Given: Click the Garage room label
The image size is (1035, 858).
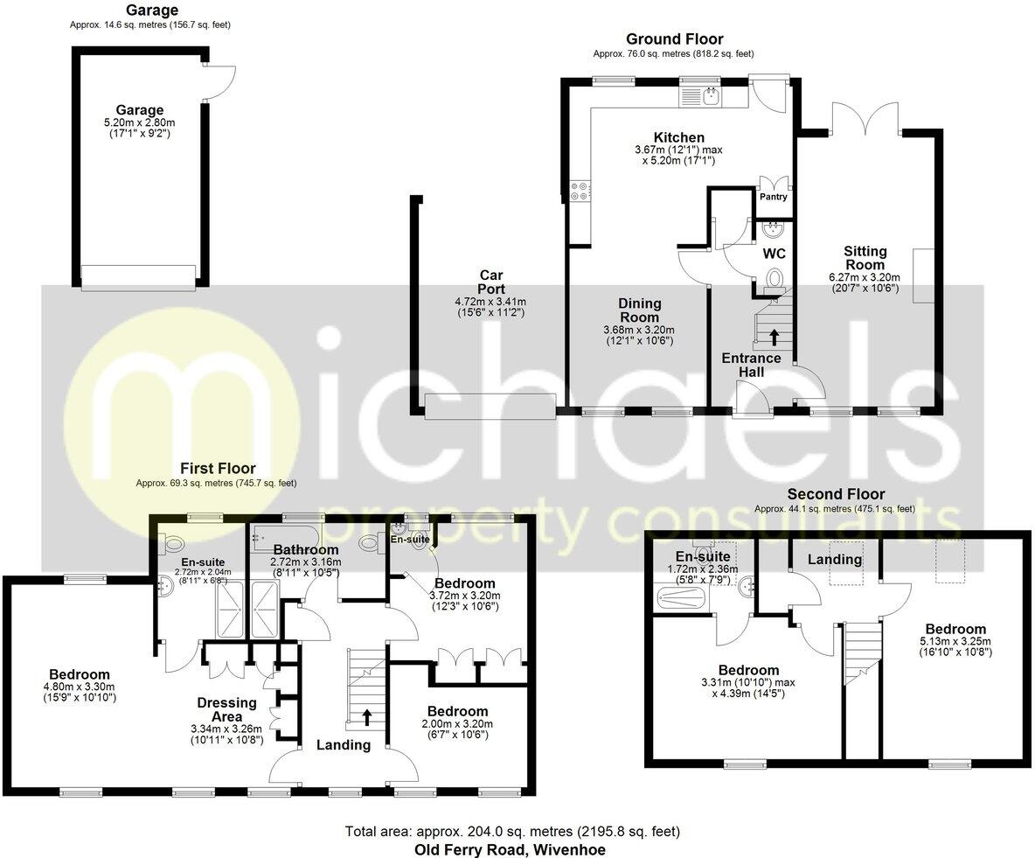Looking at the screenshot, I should [140, 110].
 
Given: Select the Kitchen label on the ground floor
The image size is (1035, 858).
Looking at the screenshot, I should [679, 137].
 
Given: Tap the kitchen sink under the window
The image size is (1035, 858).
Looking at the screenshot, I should [712, 95].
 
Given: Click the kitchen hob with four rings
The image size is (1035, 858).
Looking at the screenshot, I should [579, 190].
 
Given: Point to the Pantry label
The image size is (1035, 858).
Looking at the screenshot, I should [773, 197].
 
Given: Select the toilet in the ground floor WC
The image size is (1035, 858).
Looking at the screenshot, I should [774, 279].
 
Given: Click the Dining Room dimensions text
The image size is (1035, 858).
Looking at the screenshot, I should [640, 336].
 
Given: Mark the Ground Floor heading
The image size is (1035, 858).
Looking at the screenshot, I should [674, 39].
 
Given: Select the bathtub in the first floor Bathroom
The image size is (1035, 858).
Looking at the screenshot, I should [287, 534].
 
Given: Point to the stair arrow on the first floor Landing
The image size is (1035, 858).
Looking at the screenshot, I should [366, 717].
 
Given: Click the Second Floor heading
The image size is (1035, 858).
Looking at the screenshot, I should [835, 494].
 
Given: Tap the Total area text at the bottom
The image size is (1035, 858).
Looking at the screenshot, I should [512, 831].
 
